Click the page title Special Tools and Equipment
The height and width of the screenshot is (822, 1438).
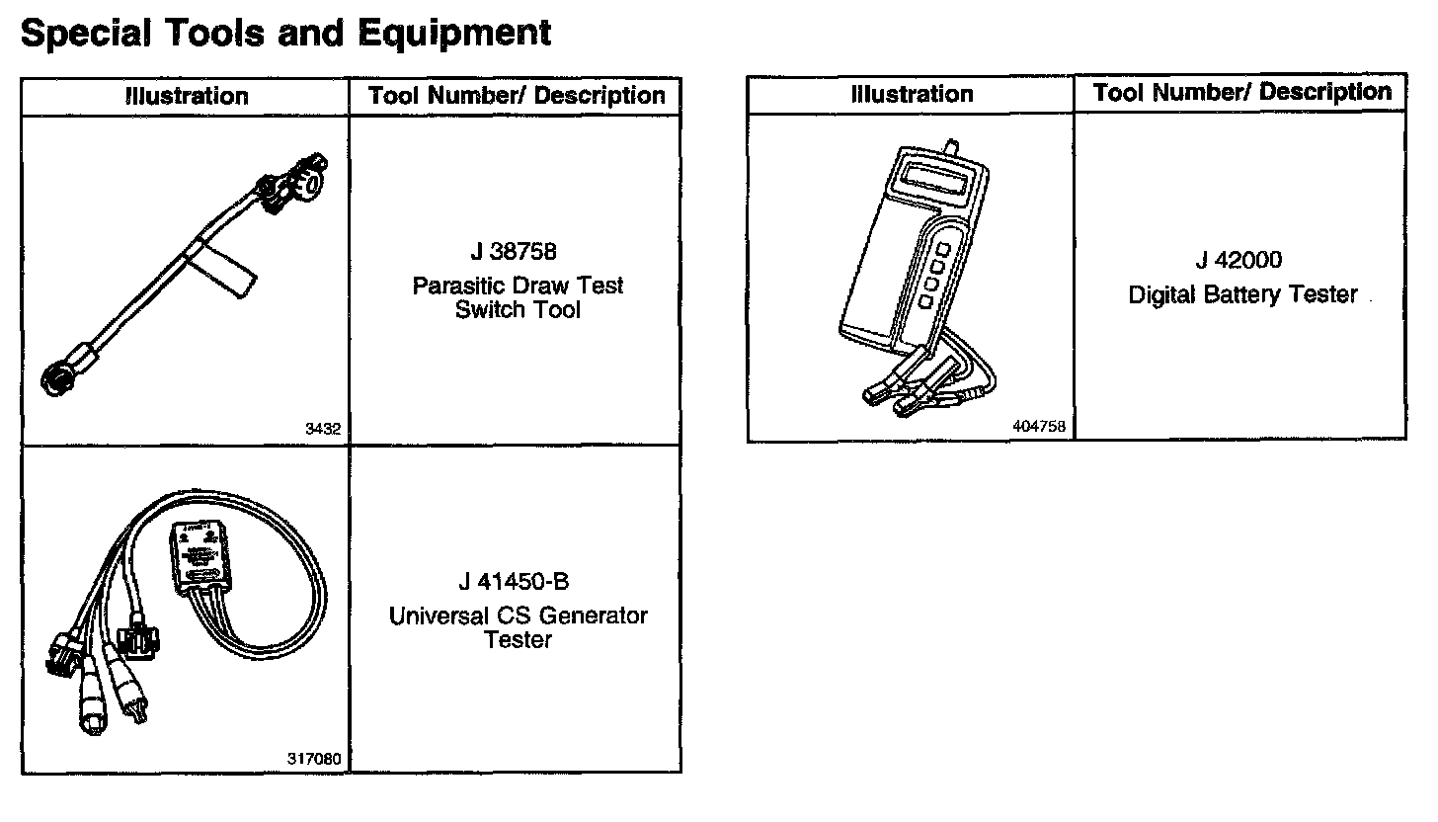coord(285,33)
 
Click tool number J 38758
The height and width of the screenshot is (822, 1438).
coord(514,252)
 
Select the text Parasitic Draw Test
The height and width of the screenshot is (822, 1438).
coord(518,286)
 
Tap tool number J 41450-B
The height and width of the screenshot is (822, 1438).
coord(514,581)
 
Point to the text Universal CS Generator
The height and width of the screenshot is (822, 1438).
coord(518,616)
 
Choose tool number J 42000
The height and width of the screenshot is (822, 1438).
coord(1238,260)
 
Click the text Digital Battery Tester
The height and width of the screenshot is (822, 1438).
coord(1242,294)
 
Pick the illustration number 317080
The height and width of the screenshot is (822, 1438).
coord(314,759)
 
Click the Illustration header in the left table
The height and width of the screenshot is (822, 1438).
coord(187,97)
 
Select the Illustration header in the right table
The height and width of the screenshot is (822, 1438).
coord(912,95)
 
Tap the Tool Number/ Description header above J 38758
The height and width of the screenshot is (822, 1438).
coord(517,96)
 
